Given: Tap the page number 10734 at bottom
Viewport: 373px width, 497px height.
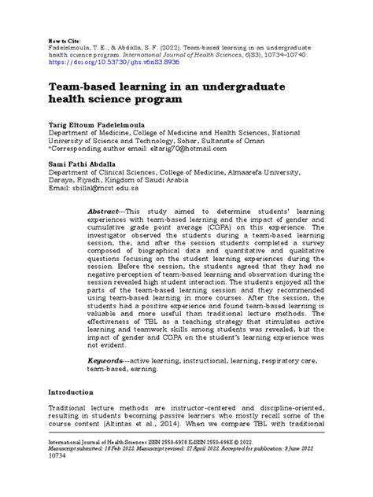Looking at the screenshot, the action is [37, 477].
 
